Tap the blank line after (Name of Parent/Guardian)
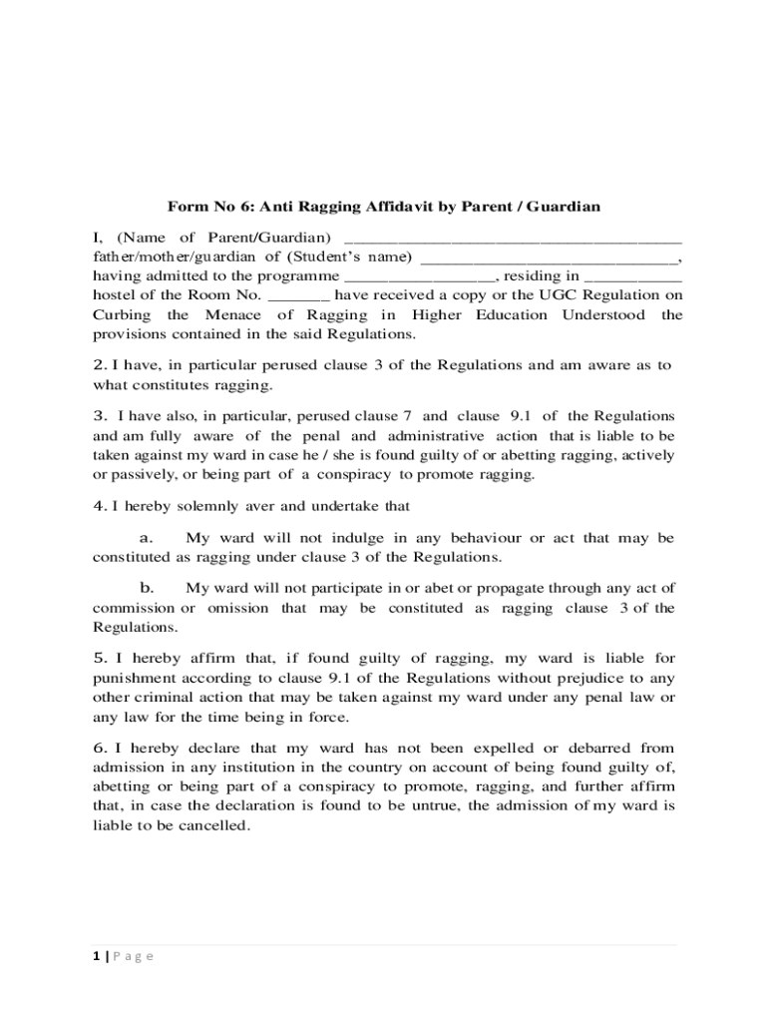click(513, 241)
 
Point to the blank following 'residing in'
click(632, 276)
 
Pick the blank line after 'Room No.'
click(299, 295)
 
